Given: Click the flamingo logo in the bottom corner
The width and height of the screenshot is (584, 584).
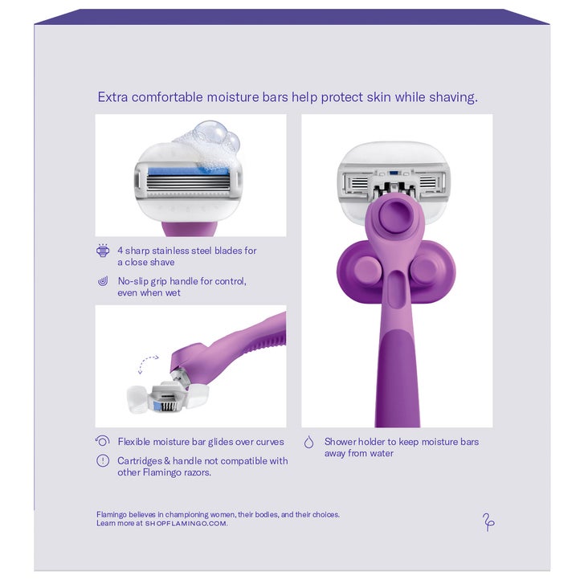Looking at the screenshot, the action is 488,522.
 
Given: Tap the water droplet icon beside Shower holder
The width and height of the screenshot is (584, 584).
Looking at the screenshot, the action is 308,442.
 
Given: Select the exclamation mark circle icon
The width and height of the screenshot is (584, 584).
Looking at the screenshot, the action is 103,461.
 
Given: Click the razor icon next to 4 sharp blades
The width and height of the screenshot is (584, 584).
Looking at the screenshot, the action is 103,251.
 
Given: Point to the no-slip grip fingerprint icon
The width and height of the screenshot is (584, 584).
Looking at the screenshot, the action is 103,281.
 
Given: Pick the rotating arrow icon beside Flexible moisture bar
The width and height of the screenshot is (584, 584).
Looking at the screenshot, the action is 103,441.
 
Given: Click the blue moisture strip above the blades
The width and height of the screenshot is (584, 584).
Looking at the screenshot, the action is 188,171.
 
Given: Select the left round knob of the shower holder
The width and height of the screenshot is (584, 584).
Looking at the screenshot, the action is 367,269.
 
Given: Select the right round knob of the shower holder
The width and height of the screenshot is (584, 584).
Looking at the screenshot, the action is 426,268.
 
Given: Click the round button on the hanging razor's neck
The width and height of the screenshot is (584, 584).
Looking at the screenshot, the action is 396,216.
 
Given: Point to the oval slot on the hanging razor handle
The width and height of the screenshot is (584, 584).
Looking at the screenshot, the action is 396,290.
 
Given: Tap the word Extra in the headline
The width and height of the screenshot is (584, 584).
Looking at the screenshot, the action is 112,97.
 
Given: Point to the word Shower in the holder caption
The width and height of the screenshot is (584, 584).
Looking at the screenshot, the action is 339,442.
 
